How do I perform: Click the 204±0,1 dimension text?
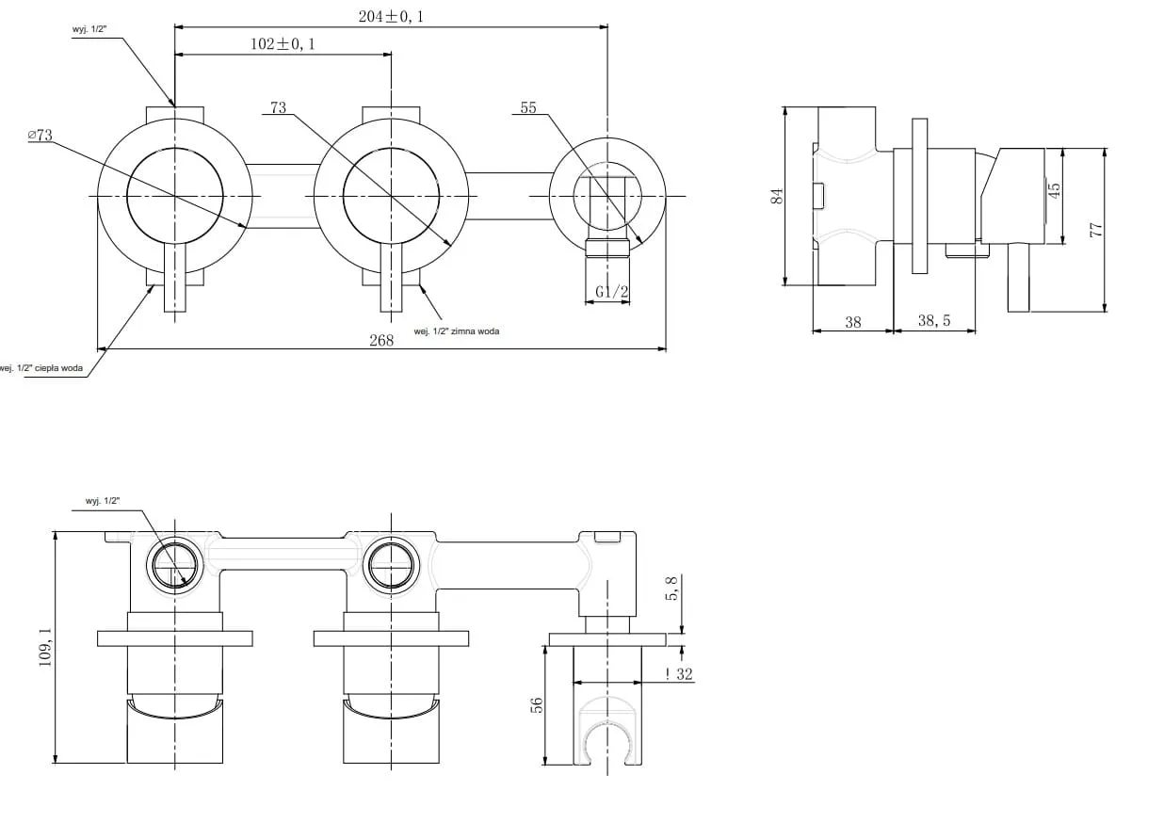click(391, 17)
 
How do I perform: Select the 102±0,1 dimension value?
click(283, 43)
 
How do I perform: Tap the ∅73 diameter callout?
click(40, 135)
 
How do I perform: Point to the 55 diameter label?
click(528, 107)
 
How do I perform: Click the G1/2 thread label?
click(611, 292)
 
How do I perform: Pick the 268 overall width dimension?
click(381, 340)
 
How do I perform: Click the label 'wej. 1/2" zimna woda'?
click(456, 331)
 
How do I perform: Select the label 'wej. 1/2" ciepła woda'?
click(41, 368)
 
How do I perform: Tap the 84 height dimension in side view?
click(777, 196)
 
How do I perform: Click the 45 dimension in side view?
click(1054, 190)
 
